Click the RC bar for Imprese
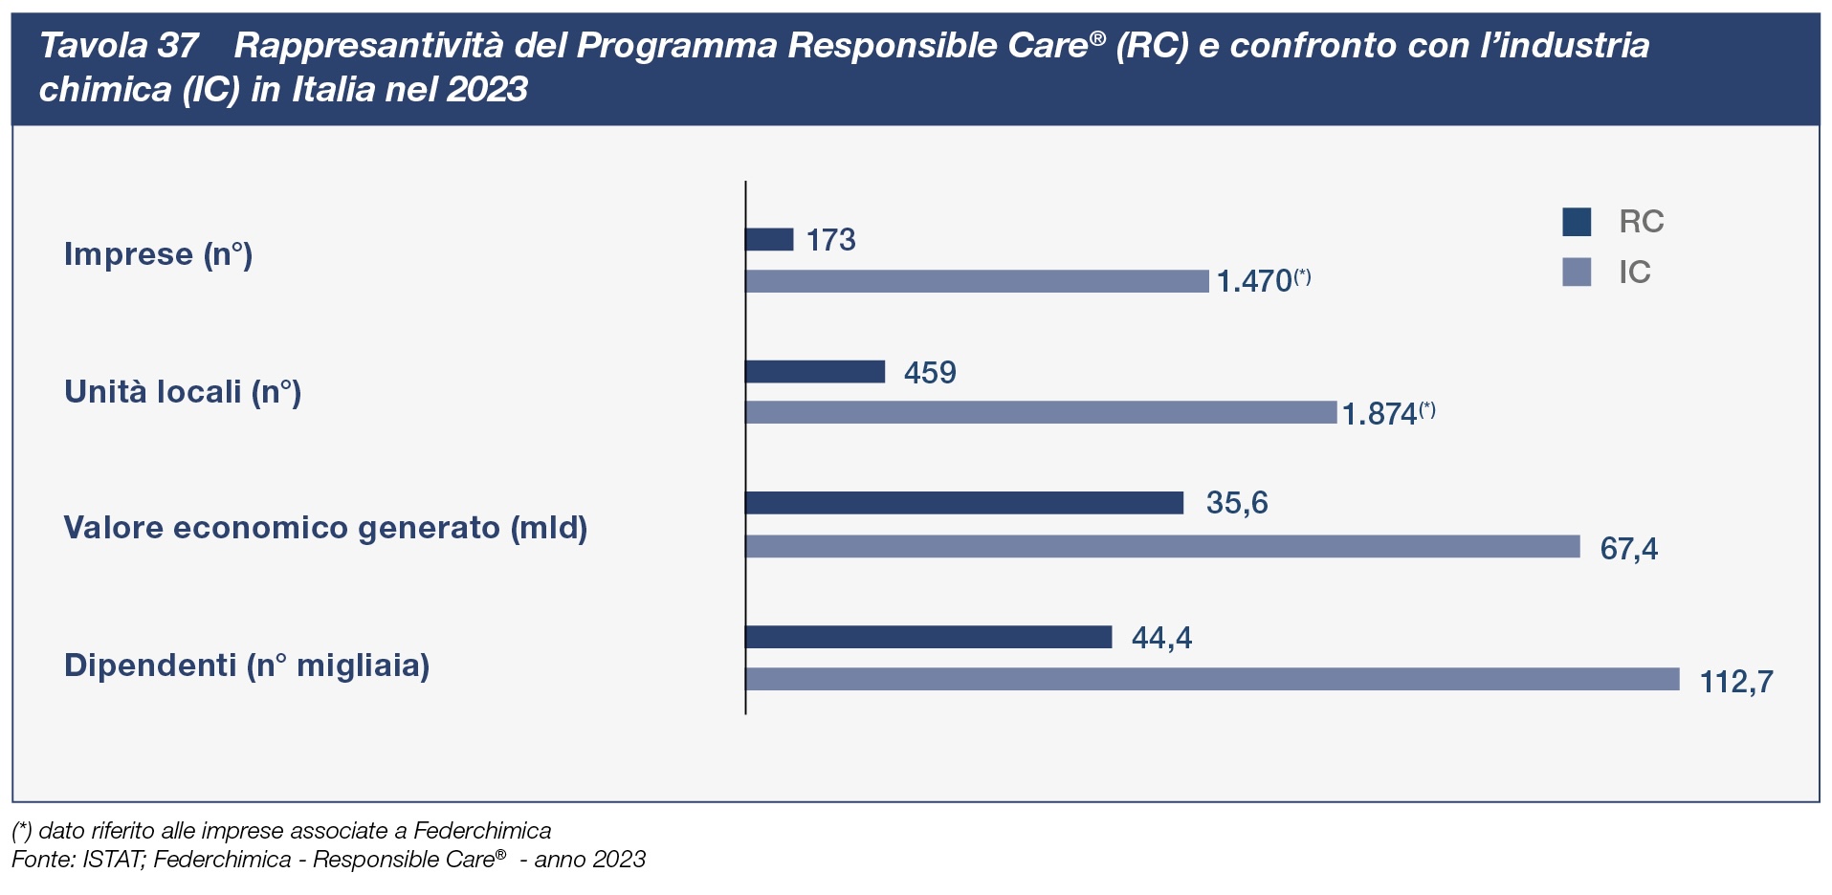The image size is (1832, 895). coord(769,239)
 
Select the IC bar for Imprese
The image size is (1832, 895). coord(977,281)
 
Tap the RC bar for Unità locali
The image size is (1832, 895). coord(815,371)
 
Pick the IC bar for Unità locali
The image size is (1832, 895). coord(1041,412)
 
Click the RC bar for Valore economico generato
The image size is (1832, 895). coord(964,503)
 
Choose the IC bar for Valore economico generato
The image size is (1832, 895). coord(1162,546)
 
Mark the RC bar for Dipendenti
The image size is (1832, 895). coord(928,637)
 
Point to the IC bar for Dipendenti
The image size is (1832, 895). coord(1212,679)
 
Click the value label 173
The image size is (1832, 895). coord(830,239)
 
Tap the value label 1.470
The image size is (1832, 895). coord(1254,281)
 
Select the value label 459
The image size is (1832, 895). coord(930,372)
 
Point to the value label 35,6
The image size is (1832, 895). coord(1237,503)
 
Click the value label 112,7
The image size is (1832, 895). coord(1736,682)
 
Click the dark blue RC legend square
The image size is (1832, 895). coord(1577,222)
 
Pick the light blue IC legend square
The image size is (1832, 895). coord(1577,273)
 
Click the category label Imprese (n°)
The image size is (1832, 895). coord(158,254)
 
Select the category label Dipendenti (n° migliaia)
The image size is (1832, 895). coord(247,666)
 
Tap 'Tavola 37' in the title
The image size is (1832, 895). coord(119,46)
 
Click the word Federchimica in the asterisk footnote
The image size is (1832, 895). coord(482,831)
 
